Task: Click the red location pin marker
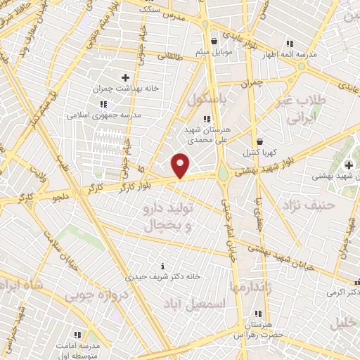(181, 165)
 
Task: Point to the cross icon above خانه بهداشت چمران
(126, 77)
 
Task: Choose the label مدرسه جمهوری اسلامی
(104, 114)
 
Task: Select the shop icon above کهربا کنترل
(259, 141)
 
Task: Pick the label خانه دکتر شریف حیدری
(163, 277)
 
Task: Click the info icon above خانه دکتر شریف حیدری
(163, 266)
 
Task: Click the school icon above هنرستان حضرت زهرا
(258, 314)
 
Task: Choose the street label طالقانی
(169, 56)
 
